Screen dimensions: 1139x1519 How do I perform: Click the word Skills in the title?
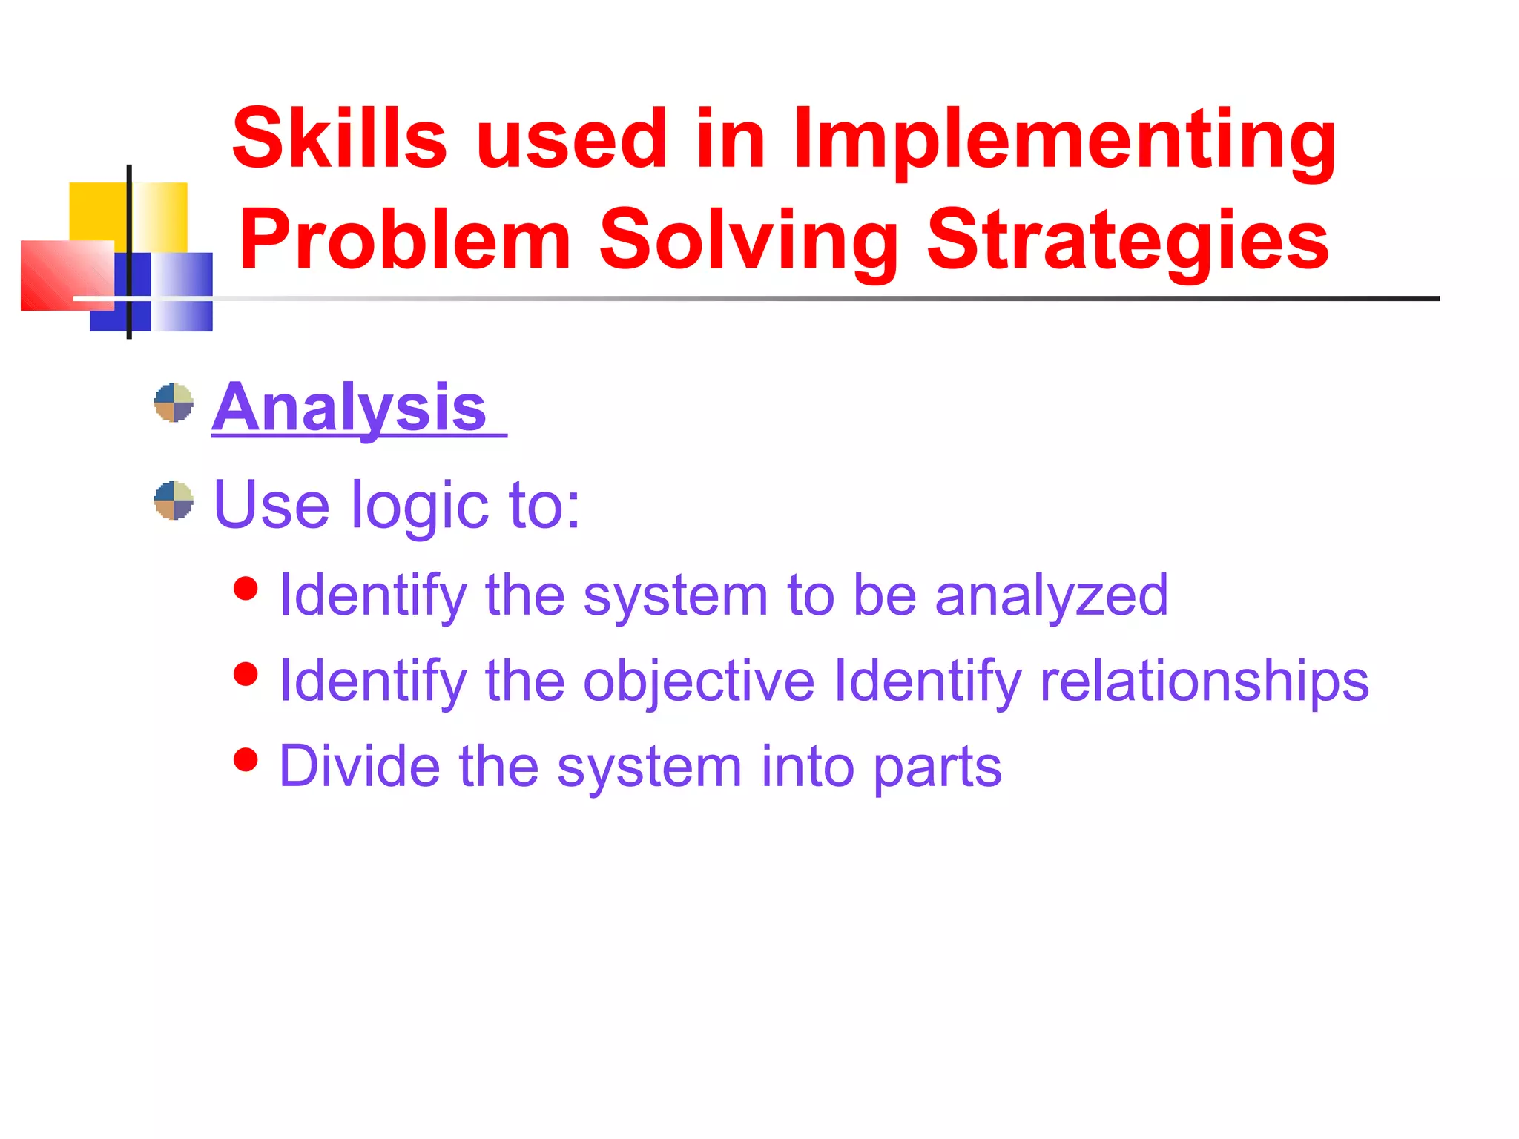pyautogui.click(x=339, y=139)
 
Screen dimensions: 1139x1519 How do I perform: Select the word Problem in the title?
pyautogui.click(x=404, y=240)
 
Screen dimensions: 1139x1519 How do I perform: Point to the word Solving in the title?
pyautogui.click(x=748, y=242)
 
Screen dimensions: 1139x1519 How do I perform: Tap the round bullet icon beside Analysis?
pyautogui.click(x=174, y=403)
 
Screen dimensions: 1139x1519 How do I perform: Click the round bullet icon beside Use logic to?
pyautogui.click(x=174, y=501)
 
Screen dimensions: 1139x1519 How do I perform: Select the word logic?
pyautogui.click(x=419, y=506)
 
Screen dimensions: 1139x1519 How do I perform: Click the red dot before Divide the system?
pyautogui.click(x=246, y=759)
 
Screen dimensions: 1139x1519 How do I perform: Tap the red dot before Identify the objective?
pyautogui.click(x=246, y=674)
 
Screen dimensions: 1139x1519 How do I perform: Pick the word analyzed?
pyautogui.click(x=1051, y=596)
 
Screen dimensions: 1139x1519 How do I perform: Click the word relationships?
pyautogui.click(x=1203, y=681)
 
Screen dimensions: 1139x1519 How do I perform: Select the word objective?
pyautogui.click(x=698, y=681)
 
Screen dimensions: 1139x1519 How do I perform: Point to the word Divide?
pyautogui.click(x=359, y=766)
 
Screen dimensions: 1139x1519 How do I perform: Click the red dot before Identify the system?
pyautogui.click(x=246, y=589)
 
